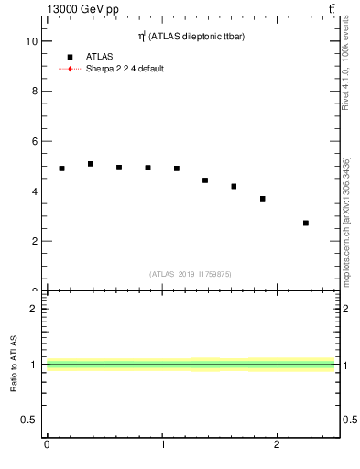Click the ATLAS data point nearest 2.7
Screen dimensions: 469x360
coord(305,223)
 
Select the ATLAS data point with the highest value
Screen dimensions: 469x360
coord(91,164)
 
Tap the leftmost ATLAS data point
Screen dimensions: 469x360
coord(61,169)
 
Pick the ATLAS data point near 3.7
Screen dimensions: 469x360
coord(262,199)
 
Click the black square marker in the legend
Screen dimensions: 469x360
coord(70,57)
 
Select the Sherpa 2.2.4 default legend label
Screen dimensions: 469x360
coord(125,69)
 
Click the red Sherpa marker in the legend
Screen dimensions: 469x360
coord(70,69)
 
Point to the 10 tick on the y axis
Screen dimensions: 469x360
coord(32,41)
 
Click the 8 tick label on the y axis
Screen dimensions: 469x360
coord(34,92)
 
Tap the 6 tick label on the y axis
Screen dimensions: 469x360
coord(34,142)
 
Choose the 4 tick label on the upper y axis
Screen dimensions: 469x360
coord(34,191)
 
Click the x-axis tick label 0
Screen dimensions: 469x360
coord(47,444)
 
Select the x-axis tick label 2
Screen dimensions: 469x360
coord(277,444)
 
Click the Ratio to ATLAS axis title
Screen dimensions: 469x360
coord(14,364)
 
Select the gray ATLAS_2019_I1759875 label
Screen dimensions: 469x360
coord(190,274)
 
